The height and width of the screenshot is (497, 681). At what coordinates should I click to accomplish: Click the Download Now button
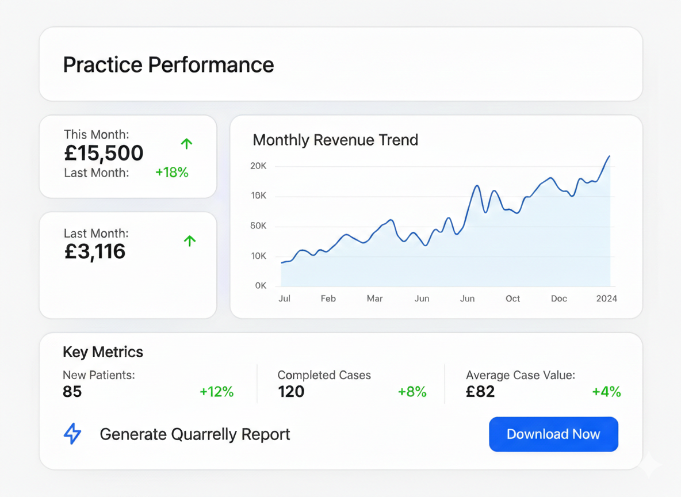point(553,434)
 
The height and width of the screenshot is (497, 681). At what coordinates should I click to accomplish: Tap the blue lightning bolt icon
point(72,434)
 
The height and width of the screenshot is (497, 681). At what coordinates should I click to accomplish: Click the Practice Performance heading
point(168,64)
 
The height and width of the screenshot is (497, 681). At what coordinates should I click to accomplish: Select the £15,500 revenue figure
point(104,153)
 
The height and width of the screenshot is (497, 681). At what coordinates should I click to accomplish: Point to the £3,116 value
point(95,251)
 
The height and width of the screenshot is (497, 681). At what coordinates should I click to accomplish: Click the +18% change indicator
point(172,172)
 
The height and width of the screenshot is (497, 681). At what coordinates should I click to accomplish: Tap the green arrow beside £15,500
point(186,144)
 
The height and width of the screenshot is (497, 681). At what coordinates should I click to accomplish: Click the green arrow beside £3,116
point(190,241)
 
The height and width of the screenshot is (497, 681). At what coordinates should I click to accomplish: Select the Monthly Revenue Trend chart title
point(335,140)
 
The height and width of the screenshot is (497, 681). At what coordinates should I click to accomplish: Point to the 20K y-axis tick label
point(258,166)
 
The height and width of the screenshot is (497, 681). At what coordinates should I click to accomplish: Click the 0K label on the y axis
point(261,286)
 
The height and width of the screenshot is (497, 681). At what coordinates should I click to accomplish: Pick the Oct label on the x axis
point(512,299)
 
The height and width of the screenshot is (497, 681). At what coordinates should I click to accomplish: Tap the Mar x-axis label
point(374,299)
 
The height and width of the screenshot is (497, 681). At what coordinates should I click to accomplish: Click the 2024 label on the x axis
point(607,299)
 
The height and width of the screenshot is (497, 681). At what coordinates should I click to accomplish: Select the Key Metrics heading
point(103,352)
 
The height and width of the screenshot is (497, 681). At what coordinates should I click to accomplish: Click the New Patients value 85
point(72,392)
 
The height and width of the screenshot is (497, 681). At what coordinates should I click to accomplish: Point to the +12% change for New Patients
point(216,392)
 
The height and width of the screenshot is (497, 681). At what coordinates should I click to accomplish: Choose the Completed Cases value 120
point(291,392)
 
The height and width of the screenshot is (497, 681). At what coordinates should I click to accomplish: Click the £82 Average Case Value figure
point(480,392)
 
